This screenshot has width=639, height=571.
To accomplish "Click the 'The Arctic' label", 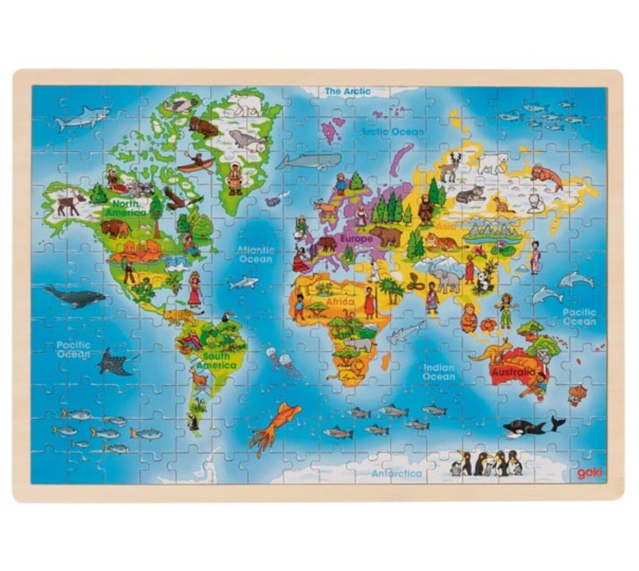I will coord(348,91).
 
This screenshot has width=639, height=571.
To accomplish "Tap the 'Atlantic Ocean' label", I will coord(255,254).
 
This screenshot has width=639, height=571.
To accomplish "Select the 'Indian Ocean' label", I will coord(439,372).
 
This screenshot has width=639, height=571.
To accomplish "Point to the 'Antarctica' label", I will coord(397,473).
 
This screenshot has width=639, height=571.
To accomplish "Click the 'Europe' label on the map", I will coord(356,239).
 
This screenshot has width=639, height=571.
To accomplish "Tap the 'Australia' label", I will coord(513,372).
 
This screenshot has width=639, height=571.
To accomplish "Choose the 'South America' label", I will coord(216,361).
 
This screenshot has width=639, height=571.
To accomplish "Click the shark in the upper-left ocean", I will coord(81,118).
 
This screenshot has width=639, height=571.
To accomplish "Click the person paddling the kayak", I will coord(196,162).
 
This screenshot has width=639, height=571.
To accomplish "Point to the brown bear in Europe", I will coord(387,236).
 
